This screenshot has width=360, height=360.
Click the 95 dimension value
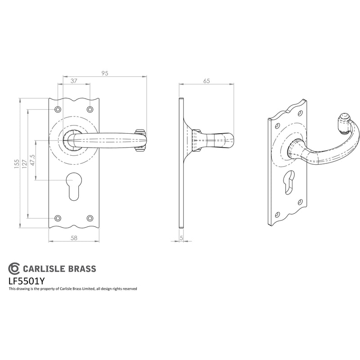click(105, 73)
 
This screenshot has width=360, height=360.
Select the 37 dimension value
click(74, 81)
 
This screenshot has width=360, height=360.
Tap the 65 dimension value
click(207, 81)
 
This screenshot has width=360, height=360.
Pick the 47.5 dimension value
click(32, 160)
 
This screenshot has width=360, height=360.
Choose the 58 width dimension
click(74, 238)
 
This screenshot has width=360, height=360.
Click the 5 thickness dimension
click(181, 238)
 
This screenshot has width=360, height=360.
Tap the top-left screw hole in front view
click(58, 109)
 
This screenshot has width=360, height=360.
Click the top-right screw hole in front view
click(90, 109)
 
